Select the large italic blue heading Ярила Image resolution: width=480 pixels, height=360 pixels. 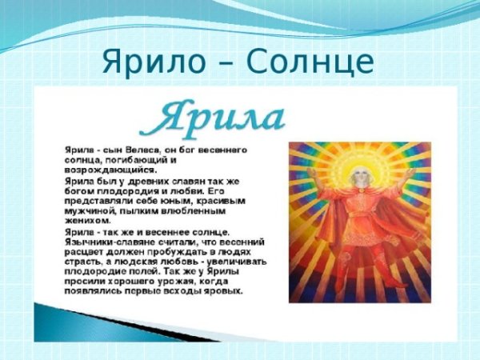(211, 118)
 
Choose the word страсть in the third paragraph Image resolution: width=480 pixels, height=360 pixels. (83, 261)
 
